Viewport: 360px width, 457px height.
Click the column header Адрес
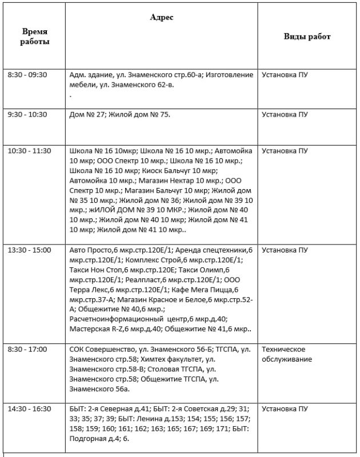(162, 18)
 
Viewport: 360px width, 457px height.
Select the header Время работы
(35, 37)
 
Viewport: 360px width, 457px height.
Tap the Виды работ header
(307, 37)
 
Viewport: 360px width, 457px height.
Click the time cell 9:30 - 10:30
(27, 114)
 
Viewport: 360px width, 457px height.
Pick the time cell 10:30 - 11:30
(30, 151)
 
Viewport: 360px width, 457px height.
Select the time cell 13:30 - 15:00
(30, 250)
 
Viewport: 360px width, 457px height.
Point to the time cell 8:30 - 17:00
(27, 349)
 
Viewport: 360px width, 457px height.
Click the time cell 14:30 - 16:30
(30, 408)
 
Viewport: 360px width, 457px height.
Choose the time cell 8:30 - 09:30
(27, 74)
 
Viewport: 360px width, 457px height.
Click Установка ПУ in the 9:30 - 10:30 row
(285, 114)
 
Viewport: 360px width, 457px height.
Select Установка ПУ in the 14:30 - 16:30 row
(285, 408)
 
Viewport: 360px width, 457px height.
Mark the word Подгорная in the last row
(86, 438)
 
